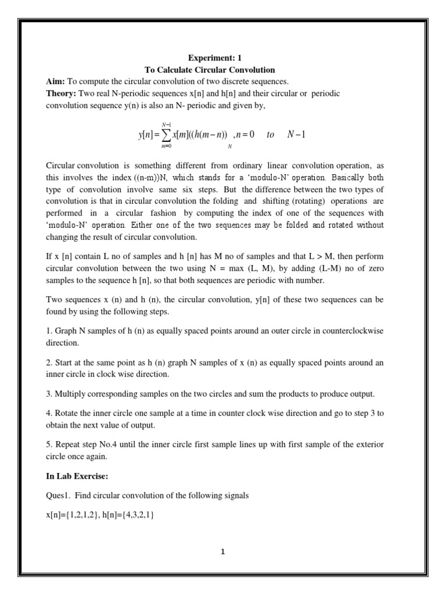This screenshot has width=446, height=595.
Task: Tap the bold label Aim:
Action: click(x=56, y=81)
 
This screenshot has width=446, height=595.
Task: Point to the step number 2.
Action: click(x=49, y=363)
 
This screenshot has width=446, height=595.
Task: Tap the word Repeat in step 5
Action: click(x=68, y=445)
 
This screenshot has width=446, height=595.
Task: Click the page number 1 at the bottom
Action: click(x=222, y=553)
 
